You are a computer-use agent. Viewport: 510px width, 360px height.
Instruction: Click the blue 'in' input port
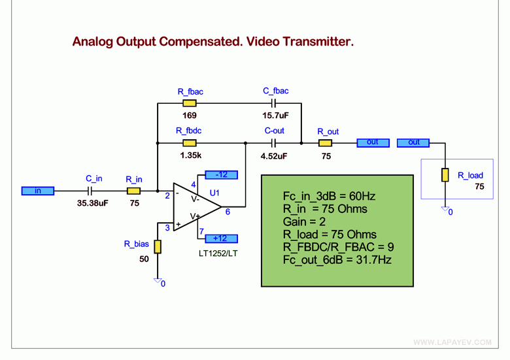click(x=38, y=191)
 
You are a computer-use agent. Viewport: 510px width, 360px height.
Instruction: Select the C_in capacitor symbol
click(x=90, y=191)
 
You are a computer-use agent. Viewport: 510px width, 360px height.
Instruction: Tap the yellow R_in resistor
click(x=133, y=191)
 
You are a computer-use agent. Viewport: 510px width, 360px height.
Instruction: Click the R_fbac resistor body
click(x=190, y=103)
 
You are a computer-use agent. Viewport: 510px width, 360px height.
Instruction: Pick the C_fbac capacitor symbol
click(x=273, y=103)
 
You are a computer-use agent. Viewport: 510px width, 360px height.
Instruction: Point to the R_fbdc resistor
click(x=190, y=143)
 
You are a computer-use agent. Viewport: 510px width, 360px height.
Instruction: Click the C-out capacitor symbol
click(x=273, y=143)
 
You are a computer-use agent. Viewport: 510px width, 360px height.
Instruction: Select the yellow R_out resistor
click(x=325, y=143)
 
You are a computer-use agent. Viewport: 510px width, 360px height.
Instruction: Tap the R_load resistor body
click(x=445, y=175)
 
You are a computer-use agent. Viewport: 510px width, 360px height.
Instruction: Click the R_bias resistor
click(x=158, y=246)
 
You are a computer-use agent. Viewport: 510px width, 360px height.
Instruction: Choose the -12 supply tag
click(x=222, y=175)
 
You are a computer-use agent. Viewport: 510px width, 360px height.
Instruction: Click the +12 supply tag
click(x=222, y=238)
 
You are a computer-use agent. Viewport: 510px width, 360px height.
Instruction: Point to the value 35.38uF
click(x=93, y=203)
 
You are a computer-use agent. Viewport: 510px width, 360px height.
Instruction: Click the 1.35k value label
click(x=191, y=155)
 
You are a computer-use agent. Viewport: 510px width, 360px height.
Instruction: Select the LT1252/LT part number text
click(x=218, y=254)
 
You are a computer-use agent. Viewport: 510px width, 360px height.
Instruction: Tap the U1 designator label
click(x=214, y=193)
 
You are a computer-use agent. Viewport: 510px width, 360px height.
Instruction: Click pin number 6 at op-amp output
click(x=228, y=212)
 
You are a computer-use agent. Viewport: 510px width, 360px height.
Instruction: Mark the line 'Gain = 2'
click(x=304, y=221)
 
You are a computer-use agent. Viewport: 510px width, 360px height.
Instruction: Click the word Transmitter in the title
click(x=318, y=42)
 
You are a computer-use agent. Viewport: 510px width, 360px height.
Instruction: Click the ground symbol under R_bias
click(x=158, y=281)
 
